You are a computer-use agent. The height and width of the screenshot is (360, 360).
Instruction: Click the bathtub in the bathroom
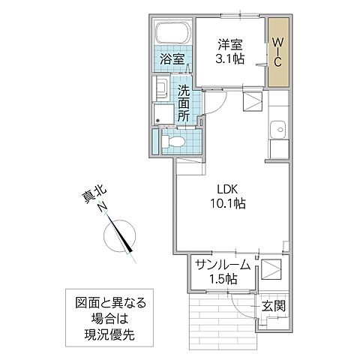click(x=171, y=33)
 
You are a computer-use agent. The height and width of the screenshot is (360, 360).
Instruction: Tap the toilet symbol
click(x=170, y=140)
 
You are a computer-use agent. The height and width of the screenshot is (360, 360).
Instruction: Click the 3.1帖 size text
click(x=229, y=60)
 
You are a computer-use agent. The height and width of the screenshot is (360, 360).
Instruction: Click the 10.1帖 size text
click(x=229, y=202)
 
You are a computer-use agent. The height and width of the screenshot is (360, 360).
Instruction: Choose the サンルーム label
click(x=223, y=264)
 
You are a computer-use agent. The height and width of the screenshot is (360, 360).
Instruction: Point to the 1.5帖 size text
click(x=223, y=279)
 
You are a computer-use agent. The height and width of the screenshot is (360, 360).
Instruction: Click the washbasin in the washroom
click(x=162, y=88)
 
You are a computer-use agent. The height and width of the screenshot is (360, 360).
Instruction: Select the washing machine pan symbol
click(x=161, y=114)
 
